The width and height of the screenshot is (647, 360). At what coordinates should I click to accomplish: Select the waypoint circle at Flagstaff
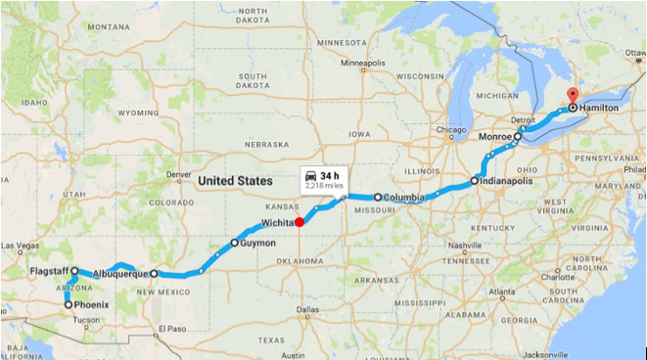click(74, 271)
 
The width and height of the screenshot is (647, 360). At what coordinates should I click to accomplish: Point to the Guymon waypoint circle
click(234, 242)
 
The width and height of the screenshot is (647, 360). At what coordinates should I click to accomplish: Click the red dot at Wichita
click(300, 221)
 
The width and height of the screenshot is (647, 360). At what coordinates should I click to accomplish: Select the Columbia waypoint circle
click(378, 197)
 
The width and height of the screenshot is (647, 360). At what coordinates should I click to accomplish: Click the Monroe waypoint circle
click(519, 137)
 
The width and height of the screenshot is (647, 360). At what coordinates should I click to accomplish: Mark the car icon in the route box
click(312, 174)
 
